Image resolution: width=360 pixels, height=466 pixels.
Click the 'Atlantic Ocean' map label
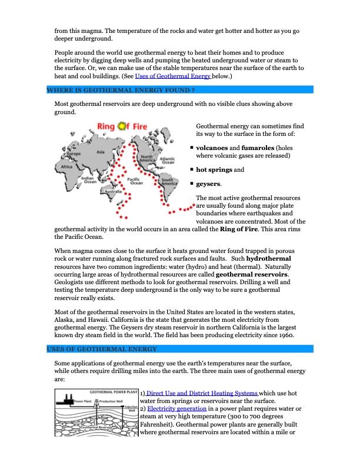[167, 159]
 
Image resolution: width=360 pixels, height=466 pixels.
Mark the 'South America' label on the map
[169, 182]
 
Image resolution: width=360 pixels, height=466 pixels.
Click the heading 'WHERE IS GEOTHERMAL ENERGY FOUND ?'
[121, 90]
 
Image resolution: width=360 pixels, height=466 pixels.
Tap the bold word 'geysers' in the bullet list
[208, 184]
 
